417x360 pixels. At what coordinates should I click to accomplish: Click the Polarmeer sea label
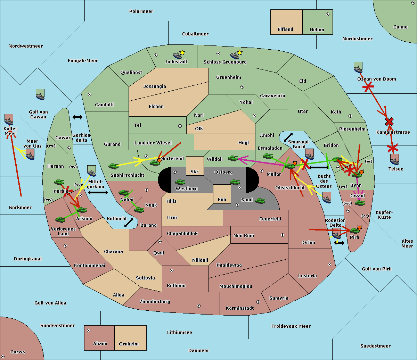coord(141,11)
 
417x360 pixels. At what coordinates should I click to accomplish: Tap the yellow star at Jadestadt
coord(182,53)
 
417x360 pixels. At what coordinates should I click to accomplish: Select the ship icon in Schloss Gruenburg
coord(235,56)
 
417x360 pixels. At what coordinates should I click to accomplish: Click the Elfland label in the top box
coord(285,30)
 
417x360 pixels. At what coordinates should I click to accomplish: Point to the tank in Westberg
coord(180,182)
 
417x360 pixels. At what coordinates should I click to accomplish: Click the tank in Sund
coord(260,201)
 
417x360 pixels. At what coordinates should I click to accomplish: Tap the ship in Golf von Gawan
coord(40,94)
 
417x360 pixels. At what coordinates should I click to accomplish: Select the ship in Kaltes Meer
coord(9,119)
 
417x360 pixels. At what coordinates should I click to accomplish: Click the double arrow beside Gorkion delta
coord(77,117)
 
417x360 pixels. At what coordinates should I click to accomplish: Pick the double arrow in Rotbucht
coord(129,223)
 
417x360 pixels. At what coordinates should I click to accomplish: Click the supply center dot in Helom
coord(328,14)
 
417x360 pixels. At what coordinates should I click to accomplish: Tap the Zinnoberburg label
coord(155,302)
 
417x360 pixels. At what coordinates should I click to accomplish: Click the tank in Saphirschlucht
coord(113,166)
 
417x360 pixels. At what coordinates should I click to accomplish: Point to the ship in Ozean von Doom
coord(358,67)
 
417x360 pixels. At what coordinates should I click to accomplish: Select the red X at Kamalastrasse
coord(389,122)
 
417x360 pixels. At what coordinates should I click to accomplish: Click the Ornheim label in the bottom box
coord(129,344)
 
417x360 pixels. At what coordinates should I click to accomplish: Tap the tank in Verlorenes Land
coord(60,219)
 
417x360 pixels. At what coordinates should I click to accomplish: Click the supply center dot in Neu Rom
coord(283,235)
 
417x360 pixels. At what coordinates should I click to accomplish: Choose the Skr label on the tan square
coord(195,171)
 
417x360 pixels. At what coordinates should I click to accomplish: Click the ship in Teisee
coord(395,159)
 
